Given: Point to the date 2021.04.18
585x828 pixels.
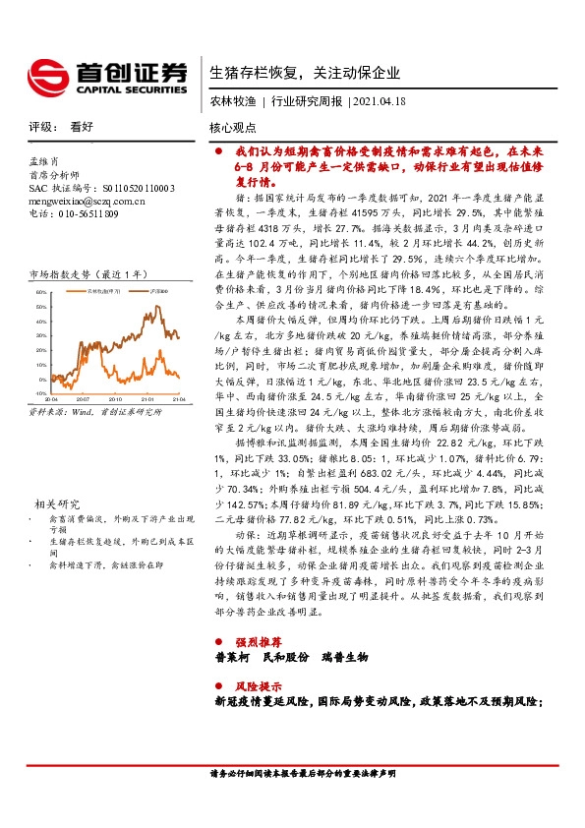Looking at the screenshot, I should pyautogui.click(x=378, y=101).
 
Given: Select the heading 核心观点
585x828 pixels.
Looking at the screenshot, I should pyautogui.click(x=232, y=128).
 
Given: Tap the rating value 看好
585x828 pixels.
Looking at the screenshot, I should pyautogui.click(x=82, y=128).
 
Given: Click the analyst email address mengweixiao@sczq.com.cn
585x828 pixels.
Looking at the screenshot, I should pyautogui.click(x=88, y=201).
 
